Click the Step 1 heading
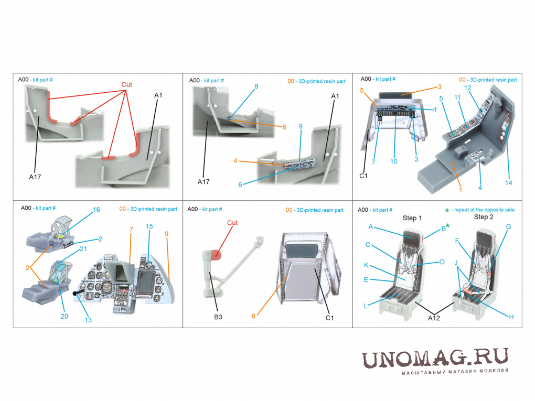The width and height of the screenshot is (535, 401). (x=412, y=218)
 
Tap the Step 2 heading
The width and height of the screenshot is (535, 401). (x=484, y=217)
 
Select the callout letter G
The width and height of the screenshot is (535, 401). (x=508, y=227)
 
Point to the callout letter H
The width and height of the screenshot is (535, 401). (x=511, y=317)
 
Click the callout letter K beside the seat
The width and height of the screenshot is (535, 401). (x=366, y=265)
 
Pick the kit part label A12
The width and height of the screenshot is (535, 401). (x=434, y=318)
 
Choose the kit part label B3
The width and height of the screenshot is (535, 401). (x=218, y=317)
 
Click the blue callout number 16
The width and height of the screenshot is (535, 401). (x=96, y=210)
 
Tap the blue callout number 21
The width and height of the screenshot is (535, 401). (x=83, y=249)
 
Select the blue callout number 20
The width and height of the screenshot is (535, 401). (x=64, y=317)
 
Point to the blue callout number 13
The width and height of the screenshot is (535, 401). (x=88, y=320)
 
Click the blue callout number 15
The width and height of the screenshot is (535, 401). (x=149, y=226)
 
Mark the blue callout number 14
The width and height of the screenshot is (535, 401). (x=508, y=183)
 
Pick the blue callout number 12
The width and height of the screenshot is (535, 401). (x=467, y=88)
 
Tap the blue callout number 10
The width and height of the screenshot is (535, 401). (x=394, y=161)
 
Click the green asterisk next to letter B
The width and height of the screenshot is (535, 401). (x=447, y=226)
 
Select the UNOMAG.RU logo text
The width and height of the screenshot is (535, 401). (x=435, y=358)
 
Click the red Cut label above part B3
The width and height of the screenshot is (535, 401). (x=232, y=223)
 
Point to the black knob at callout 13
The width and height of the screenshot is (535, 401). (x=76, y=293)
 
